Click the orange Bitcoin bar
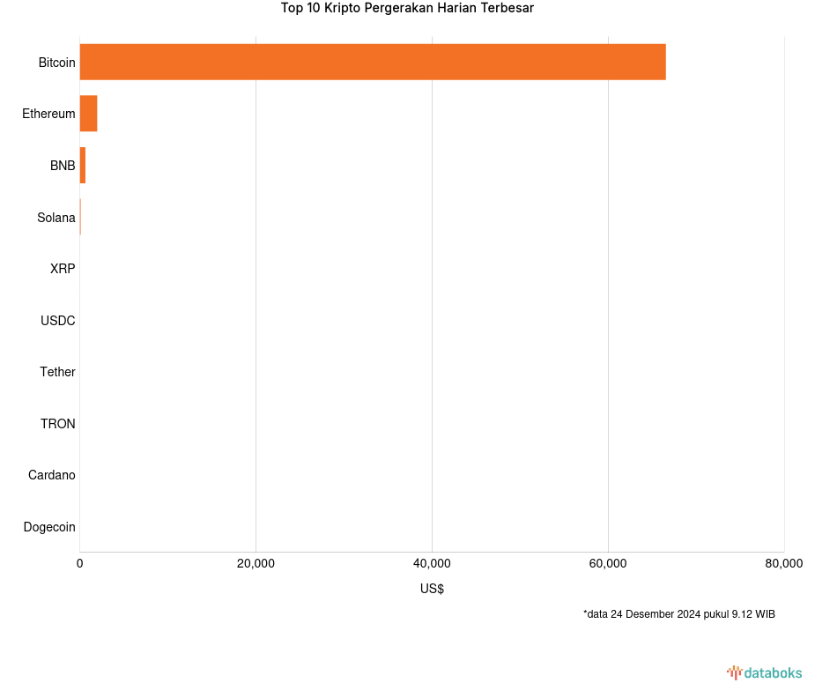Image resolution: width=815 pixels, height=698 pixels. point(373,62)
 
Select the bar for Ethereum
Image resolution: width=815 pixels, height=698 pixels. point(88,114)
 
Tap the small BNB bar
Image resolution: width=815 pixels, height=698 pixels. point(83,166)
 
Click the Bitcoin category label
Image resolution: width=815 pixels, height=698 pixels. point(56,63)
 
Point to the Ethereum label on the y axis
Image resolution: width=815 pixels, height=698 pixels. point(48,114)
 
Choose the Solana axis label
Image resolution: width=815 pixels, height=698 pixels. point(56,218)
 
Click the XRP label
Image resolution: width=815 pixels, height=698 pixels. point(63,269)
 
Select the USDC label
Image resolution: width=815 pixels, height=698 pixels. point(58,321)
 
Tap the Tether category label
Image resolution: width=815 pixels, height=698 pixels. point(57,372)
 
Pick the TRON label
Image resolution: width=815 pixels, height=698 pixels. point(58,424)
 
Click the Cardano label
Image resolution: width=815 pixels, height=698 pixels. point(52,475)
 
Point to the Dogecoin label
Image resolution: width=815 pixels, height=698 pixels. point(49,527)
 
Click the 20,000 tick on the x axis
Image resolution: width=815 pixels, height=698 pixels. point(256,564)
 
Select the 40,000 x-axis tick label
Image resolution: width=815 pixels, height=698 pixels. point(432,564)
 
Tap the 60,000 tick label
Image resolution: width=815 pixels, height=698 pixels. point(608,564)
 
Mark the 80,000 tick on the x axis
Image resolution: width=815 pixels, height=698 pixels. point(783,564)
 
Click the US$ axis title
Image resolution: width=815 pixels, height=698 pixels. point(432,589)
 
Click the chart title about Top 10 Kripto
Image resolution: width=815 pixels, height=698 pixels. point(407,9)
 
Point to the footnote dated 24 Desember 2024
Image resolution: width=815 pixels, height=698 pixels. point(678,614)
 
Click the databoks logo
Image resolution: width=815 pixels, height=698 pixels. point(764,673)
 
